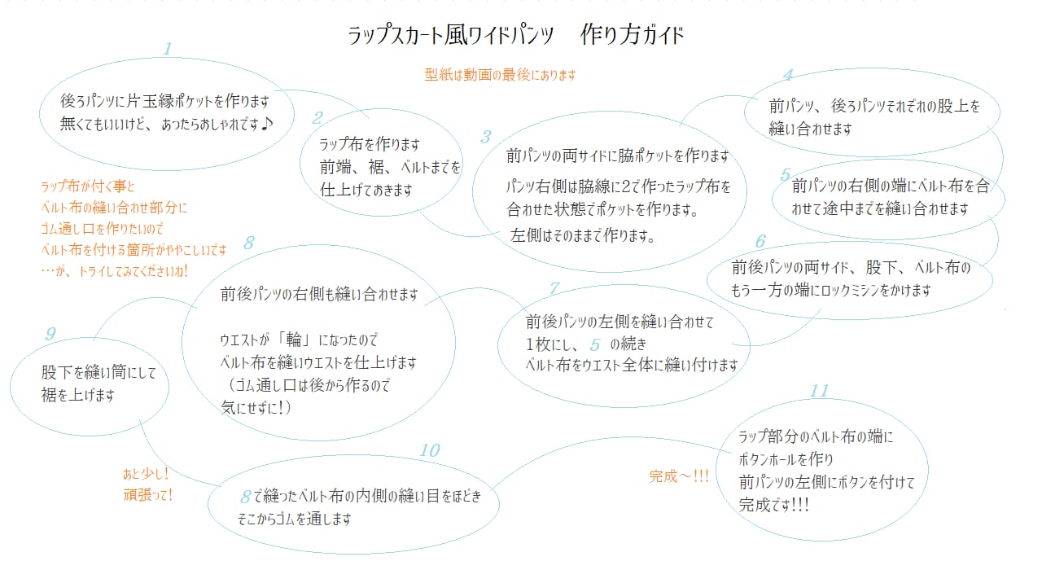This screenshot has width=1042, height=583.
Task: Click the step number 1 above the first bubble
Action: (x=168, y=49)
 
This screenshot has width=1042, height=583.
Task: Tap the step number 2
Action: (x=317, y=118)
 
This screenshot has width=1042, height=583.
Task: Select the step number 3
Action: (x=486, y=137)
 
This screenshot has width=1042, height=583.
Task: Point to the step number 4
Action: (x=787, y=76)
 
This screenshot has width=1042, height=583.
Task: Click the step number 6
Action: (x=760, y=241)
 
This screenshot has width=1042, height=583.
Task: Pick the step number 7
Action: (x=555, y=288)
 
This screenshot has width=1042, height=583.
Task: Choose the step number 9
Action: (x=50, y=333)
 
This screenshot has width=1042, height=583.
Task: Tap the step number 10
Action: (x=429, y=450)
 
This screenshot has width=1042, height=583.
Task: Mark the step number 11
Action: (x=819, y=392)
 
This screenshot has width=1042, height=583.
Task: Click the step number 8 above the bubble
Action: (x=250, y=243)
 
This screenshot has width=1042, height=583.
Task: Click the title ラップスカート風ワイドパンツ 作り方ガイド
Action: (x=516, y=36)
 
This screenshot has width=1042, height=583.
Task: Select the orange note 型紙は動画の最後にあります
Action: (x=500, y=75)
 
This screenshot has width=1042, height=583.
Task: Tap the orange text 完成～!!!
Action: (x=679, y=476)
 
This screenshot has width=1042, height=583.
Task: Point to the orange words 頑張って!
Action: (x=147, y=494)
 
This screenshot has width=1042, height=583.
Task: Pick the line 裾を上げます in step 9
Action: (x=78, y=395)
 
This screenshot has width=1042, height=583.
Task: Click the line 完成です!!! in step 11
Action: (x=774, y=504)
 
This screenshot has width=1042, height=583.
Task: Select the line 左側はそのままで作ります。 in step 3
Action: (x=583, y=236)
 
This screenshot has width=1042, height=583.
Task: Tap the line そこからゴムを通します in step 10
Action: (x=294, y=518)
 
